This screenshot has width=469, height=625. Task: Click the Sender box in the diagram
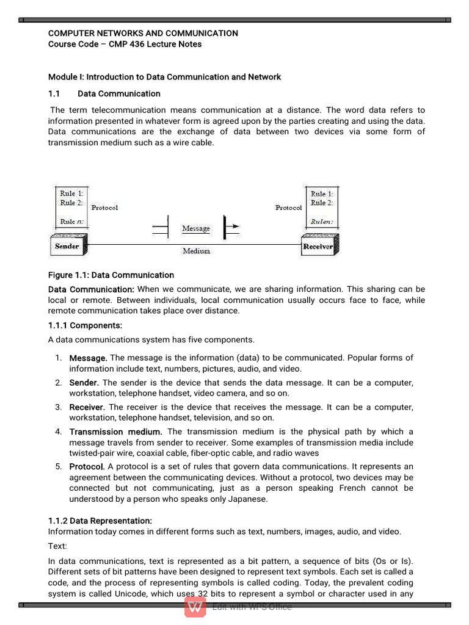tap(67, 246)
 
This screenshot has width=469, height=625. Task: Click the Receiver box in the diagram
tap(318, 247)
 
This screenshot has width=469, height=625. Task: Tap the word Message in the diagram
tap(195, 228)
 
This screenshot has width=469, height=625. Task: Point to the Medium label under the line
tap(196, 250)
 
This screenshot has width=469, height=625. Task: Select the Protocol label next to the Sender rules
tap(104, 208)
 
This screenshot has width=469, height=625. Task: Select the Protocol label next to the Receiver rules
tap(288, 208)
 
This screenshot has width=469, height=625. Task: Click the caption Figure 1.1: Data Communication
tap(111, 275)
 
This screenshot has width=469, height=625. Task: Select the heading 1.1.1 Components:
tap(85, 325)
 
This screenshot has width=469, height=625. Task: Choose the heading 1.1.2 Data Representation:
tap(100, 521)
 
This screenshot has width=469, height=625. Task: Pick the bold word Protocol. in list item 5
tap(87, 466)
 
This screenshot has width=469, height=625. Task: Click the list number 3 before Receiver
tap(59, 407)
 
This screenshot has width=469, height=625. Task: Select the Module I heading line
tap(164, 77)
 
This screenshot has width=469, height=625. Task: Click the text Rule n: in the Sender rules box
tap(71, 222)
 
